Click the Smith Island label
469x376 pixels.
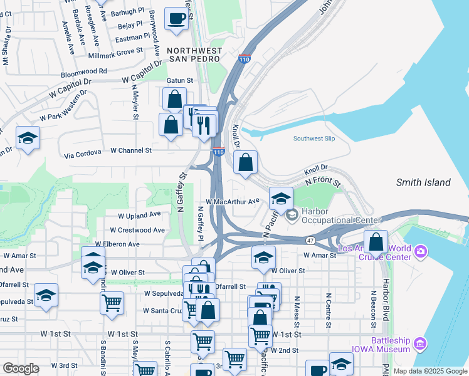tap(423, 183)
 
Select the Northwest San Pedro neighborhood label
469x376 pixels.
tap(194, 54)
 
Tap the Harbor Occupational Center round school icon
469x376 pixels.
tap(292, 216)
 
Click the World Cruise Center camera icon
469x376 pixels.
tap(419, 252)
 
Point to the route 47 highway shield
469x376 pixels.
tap(311, 240)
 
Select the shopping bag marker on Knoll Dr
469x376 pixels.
tap(246, 162)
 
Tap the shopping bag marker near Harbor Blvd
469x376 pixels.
tap(376, 242)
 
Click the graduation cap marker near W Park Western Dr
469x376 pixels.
tap(28, 138)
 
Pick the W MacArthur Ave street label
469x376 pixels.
tap(232, 202)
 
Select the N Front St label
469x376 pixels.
tap(322, 182)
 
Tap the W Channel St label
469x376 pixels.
tap(131, 150)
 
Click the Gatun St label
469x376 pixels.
tap(179, 81)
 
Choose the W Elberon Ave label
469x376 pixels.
tap(117, 244)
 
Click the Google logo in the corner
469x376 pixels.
tap(21, 368)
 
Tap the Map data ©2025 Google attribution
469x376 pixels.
tap(429, 371)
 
